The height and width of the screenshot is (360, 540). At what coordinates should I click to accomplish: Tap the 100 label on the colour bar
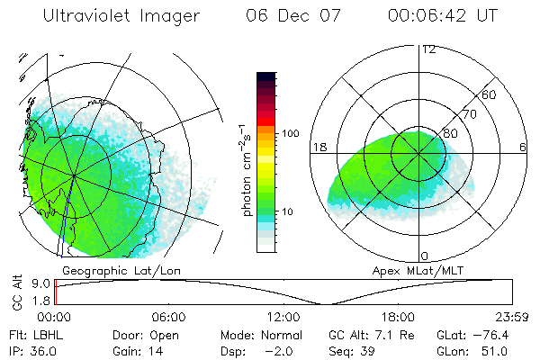[291, 133]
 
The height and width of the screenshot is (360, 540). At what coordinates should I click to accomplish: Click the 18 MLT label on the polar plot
[317, 147]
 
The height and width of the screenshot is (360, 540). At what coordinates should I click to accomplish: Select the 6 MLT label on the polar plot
[523, 147]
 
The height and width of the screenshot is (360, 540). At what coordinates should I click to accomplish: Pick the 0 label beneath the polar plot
[425, 256]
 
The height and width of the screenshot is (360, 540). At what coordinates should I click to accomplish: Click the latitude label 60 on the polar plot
[490, 94]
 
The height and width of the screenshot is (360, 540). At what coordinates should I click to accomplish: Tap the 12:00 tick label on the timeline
[283, 317]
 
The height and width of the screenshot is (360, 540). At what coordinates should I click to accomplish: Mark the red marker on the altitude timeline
[56, 292]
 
